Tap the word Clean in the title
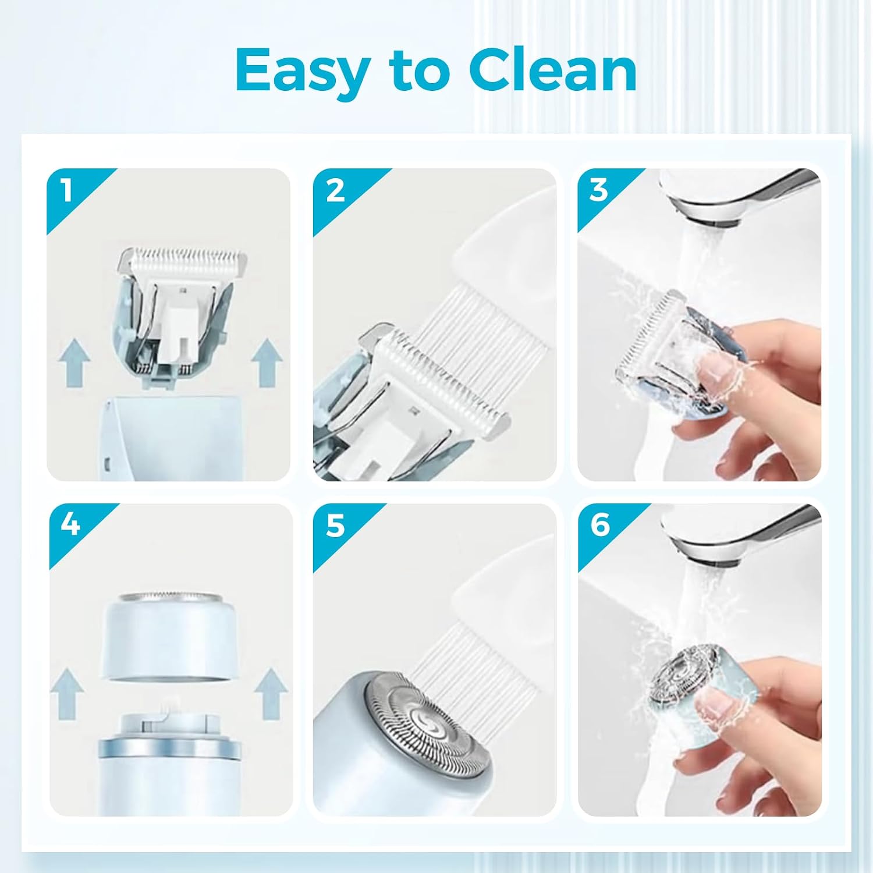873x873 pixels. (552, 70)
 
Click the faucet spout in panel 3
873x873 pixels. (739, 198)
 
